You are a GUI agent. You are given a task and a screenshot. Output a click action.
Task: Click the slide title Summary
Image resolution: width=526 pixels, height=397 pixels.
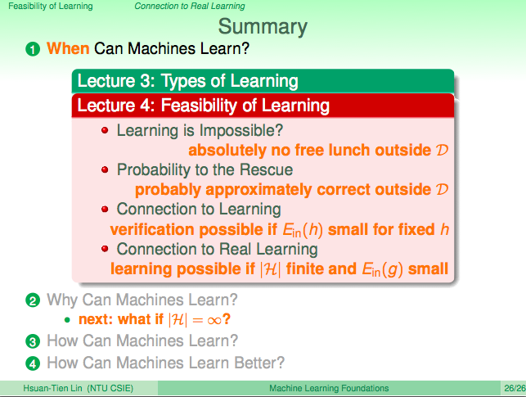point(263,27)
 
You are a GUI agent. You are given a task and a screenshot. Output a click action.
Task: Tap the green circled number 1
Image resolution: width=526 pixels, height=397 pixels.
point(33,49)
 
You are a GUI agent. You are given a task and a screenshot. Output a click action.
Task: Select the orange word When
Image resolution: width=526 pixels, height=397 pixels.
point(68,48)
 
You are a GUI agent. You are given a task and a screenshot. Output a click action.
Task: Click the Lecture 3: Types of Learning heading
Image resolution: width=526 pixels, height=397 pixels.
point(188,81)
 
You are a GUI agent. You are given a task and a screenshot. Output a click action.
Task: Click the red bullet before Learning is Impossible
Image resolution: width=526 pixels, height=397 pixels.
point(105,130)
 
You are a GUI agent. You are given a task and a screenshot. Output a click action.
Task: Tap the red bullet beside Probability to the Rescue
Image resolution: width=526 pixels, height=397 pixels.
point(105,169)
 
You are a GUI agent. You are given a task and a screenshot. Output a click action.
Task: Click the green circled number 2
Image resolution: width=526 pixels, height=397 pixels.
point(33,300)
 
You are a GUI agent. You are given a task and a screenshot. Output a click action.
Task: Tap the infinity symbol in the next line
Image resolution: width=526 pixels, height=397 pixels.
point(214,321)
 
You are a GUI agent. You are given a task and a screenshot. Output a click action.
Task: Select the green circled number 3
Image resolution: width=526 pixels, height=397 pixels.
point(33,341)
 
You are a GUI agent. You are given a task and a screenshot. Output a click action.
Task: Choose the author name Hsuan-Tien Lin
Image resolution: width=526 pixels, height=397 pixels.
point(52,388)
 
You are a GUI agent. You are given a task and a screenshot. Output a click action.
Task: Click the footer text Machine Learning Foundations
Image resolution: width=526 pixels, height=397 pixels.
point(329,388)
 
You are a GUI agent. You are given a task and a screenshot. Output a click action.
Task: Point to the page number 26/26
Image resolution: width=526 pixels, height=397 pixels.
point(515,388)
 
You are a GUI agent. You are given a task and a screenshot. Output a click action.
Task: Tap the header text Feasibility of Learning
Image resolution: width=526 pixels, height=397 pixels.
point(51,7)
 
